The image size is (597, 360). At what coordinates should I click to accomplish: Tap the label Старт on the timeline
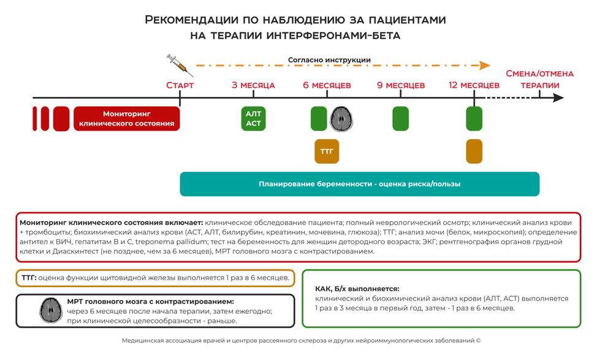click(180, 85)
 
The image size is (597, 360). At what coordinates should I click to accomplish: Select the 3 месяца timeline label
click(253, 85)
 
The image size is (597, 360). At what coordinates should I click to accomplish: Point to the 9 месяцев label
click(400, 85)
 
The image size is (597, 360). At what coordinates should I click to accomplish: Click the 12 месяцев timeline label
click(474, 85)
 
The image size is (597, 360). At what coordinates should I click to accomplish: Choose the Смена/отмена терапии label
click(539, 79)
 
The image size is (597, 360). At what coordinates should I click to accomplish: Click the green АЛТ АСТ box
click(253, 119)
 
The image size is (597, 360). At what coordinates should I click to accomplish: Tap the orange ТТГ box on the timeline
click(327, 151)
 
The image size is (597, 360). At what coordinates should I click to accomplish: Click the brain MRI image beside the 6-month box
click(343, 119)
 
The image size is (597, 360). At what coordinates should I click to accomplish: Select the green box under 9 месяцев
click(400, 119)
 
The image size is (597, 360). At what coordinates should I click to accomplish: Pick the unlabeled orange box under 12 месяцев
click(474, 151)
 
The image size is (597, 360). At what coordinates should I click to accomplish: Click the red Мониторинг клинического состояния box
click(127, 119)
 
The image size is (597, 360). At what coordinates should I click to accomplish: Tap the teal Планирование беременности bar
click(359, 184)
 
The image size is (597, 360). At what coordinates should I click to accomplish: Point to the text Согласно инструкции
click(329, 60)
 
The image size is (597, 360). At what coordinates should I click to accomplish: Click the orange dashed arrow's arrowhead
click(485, 65)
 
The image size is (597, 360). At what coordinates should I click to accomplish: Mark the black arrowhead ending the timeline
click(558, 98)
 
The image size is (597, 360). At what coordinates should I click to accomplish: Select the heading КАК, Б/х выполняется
click(357, 288)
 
